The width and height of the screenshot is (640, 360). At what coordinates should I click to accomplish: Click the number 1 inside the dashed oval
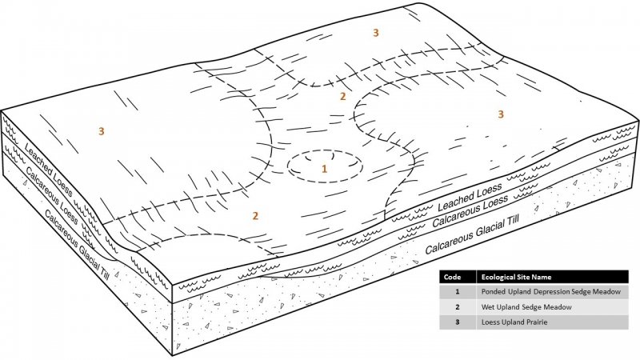[325, 169]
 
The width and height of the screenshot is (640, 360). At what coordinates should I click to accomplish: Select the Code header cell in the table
[452, 277]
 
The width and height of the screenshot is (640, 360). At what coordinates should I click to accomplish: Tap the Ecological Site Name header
[516, 277]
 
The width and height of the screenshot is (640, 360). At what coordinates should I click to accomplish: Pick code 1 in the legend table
[458, 292]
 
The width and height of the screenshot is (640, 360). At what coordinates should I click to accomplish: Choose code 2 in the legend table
[458, 307]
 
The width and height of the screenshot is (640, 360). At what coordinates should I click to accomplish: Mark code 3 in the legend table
[458, 322]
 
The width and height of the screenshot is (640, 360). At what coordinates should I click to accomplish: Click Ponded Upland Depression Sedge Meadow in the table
[551, 292]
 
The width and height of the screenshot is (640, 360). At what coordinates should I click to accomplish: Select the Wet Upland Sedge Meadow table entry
[526, 307]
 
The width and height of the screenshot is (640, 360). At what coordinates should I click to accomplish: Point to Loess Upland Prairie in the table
[514, 322]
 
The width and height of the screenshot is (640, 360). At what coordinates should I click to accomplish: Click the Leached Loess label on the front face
[470, 197]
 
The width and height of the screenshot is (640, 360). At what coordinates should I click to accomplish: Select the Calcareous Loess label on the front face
[470, 210]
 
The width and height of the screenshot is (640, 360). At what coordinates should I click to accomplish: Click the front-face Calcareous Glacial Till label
[472, 234]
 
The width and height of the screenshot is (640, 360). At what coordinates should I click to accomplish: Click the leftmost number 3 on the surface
[102, 131]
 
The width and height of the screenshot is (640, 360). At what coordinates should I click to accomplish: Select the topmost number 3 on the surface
[376, 33]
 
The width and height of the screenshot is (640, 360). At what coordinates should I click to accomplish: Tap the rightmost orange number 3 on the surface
[501, 114]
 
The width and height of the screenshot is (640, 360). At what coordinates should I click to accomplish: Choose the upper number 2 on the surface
[343, 96]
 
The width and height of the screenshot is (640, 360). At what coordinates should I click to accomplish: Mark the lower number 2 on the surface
[255, 215]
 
